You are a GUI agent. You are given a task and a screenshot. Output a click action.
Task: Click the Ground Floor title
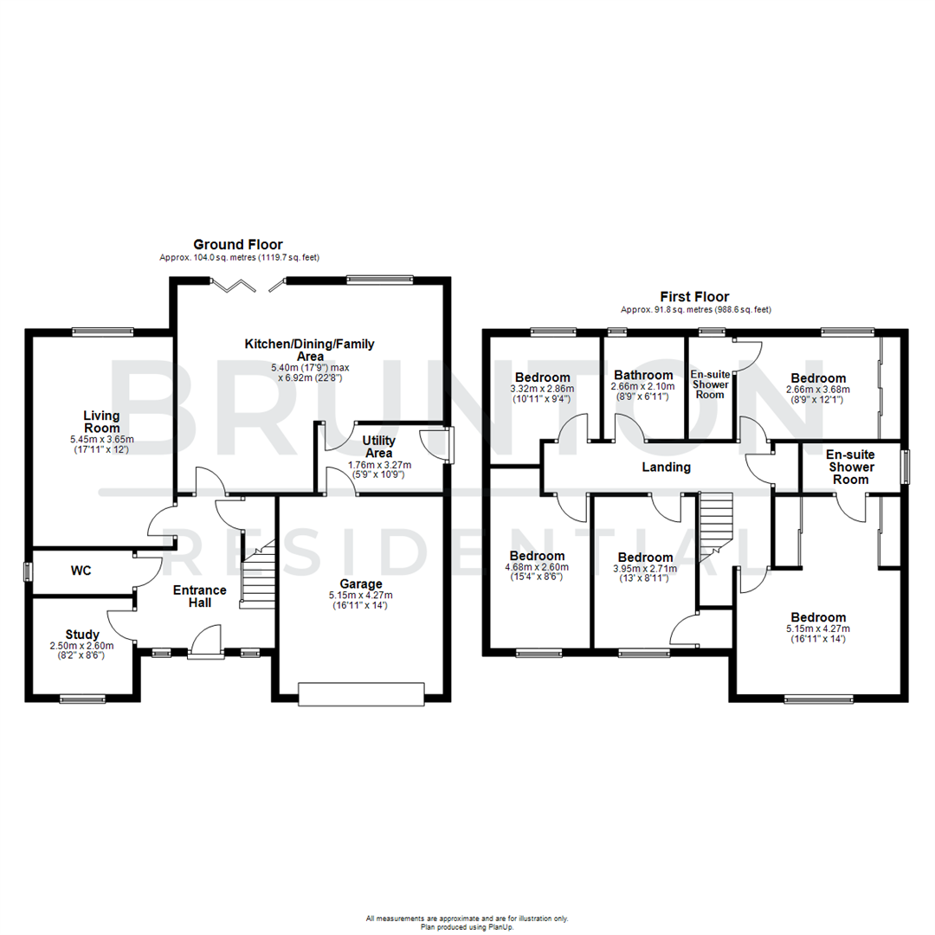point(237,245)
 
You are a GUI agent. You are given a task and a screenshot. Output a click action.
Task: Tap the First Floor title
point(695,297)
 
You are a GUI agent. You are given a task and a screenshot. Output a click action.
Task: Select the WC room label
point(81,571)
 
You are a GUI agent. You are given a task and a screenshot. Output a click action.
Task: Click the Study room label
point(82,634)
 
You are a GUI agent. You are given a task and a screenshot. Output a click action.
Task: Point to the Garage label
point(361,584)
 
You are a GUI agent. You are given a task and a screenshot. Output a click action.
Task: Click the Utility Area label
point(379,447)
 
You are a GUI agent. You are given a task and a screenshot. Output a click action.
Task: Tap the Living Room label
point(101,422)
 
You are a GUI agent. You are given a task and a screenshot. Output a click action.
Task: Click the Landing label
point(666,467)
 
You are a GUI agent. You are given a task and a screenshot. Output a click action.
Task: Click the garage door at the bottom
point(361,694)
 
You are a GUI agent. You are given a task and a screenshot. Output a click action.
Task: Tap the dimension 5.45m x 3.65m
point(101,440)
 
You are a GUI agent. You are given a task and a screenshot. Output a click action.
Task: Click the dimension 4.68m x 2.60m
point(537,567)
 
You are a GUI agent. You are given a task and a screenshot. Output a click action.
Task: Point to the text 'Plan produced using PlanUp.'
point(467,926)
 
